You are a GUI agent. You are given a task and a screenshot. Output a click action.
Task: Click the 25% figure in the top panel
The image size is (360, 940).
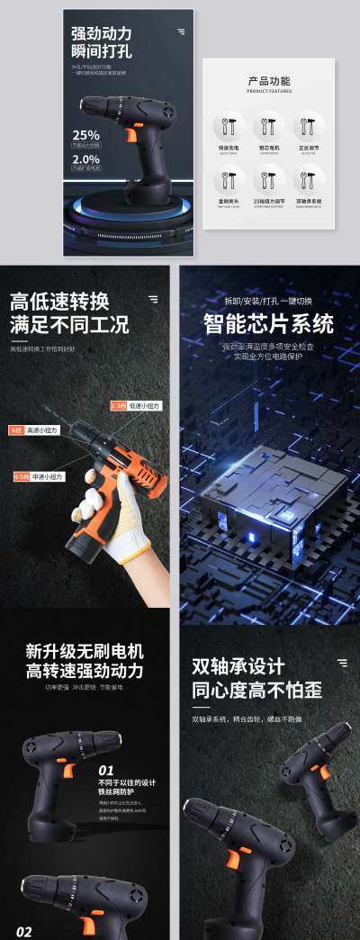[x=86, y=135]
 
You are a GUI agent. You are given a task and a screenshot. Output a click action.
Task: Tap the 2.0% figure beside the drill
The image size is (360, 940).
[x=86, y=158]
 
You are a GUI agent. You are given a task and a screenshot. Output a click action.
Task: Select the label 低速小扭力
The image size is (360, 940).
[x=143, y=406]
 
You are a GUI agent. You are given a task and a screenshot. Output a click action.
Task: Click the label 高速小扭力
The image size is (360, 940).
[x=41, y=430]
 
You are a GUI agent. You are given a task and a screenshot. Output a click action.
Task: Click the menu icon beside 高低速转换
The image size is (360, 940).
[x=153, y=299]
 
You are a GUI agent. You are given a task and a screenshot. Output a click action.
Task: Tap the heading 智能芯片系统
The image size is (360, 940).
[x=268, y=323]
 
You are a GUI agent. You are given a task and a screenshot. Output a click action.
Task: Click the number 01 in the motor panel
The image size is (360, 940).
[x=106, y=771]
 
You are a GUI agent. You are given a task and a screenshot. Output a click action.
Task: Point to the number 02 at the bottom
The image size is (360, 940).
[x=23, y=931]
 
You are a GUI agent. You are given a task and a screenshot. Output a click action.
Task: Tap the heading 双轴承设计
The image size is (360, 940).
[x=238, y=667]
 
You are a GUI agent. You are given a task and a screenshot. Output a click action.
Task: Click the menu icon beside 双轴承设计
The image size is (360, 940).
[x=341, y=663]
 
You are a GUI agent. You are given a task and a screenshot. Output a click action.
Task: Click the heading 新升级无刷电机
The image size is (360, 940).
[x=85, y=651]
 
